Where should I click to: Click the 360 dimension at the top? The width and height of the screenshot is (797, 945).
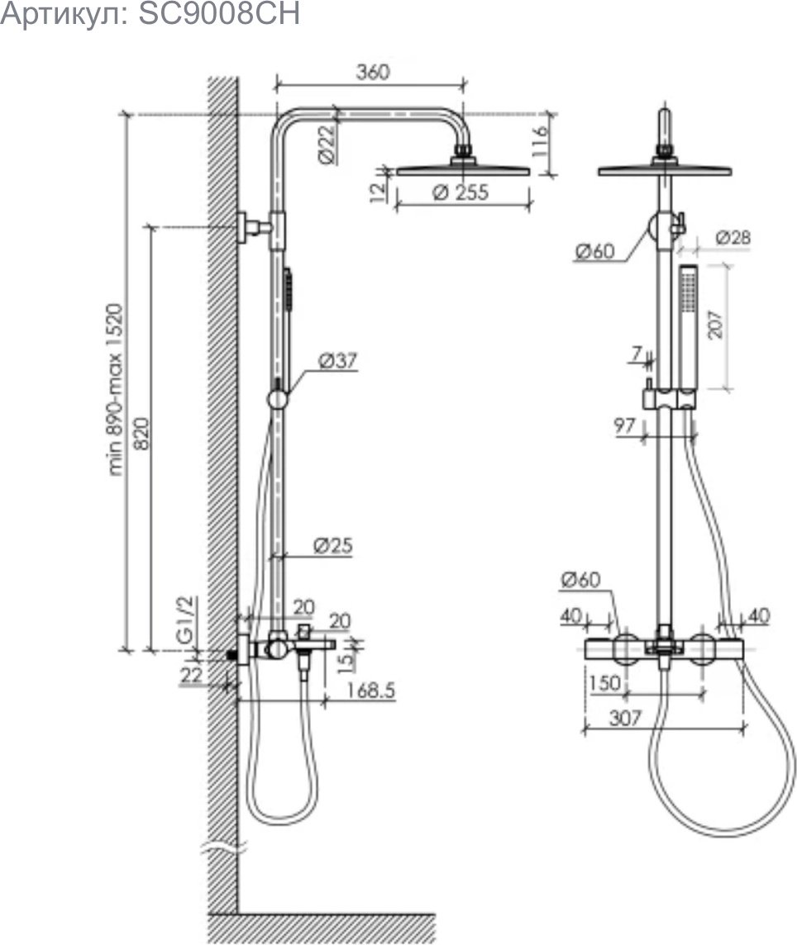pyautogui.click(x=373, y=72)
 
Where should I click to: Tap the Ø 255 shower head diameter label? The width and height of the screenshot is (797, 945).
pyautogui.click(x=461, y=192)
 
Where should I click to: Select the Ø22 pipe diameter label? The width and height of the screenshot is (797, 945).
pyautogui.click(x=327, y=144)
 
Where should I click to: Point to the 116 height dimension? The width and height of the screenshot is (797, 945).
pyautogui.click(x=540, y=141)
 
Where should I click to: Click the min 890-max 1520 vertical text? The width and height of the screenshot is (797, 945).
pyautogui.click(x=115, y=389)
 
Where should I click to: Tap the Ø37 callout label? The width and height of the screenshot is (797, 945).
pyautogui.click(x=338, y=360)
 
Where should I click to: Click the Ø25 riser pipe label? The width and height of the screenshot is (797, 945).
pyautogui.click(x=333, y=545)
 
